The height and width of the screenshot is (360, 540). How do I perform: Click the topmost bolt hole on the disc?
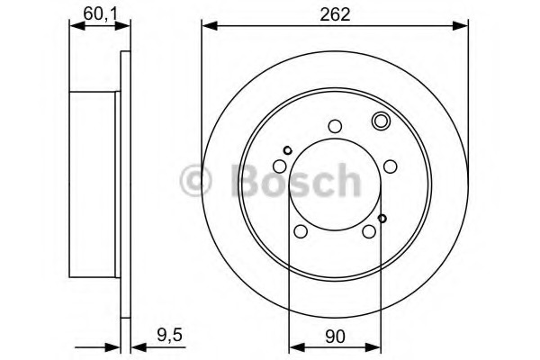(335, 127)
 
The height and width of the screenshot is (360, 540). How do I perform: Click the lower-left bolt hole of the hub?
(301, 232)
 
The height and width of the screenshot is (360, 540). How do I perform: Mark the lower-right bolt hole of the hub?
(369, 232)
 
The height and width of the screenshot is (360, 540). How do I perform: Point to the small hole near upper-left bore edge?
(287, 150)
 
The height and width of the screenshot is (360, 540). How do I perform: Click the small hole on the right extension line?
(382, 218)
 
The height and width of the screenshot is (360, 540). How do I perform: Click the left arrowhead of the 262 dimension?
(207, 27)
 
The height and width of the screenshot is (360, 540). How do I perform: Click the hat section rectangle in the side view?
(95, 184)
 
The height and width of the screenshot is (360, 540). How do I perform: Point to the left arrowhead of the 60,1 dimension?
(75, 27)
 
